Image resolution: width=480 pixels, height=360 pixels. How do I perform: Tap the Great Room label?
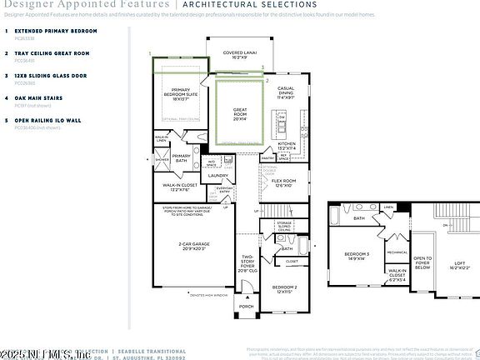pos(239,112)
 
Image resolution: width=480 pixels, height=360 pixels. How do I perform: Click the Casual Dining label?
pos(285,91)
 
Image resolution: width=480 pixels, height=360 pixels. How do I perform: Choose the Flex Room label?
pos(284,182)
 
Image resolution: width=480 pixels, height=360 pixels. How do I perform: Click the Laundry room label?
pos(218,175)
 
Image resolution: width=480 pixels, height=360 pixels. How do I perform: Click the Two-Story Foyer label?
pos(247,264)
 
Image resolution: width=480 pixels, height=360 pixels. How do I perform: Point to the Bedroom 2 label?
pos(285,289)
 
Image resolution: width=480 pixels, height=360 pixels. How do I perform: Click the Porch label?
pos(247,306)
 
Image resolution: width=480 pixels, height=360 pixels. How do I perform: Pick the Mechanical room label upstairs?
pos(397,252)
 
